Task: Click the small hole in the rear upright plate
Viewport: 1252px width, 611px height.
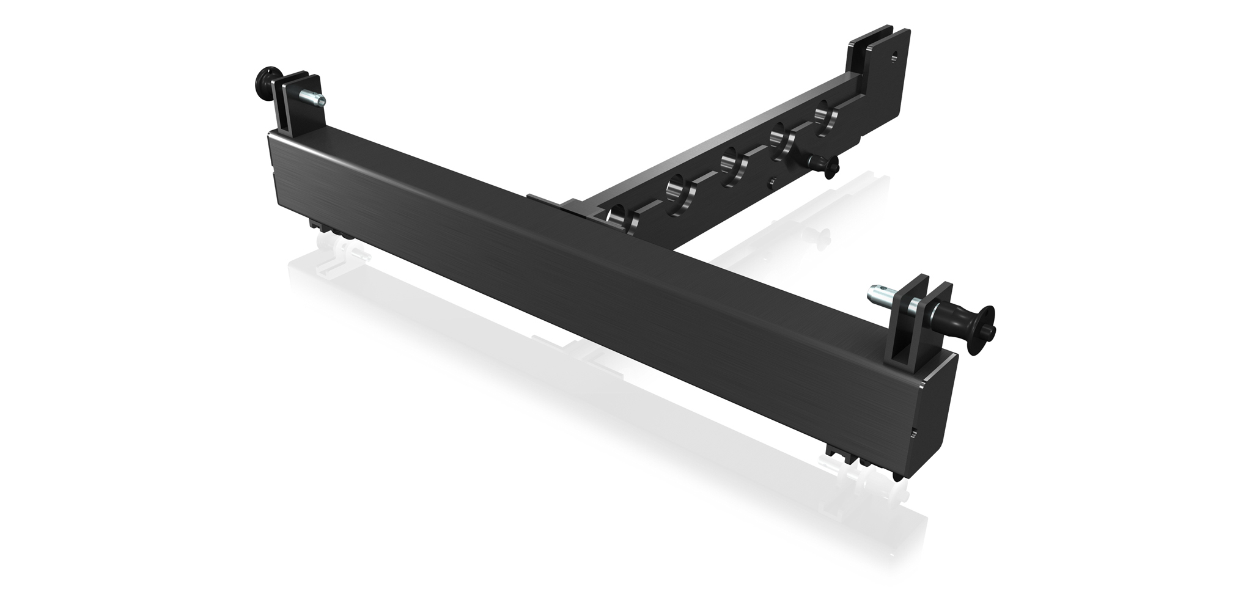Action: point(894,56)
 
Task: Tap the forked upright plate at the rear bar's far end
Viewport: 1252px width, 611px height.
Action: point(874,61)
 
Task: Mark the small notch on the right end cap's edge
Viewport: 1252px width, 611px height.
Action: point(913,433)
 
